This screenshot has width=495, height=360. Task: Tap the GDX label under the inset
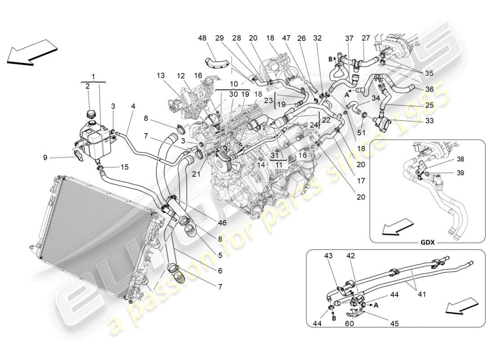click(427, 242)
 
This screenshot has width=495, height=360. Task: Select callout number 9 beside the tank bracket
click(45, 157)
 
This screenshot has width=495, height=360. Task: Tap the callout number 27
click(366, 38)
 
